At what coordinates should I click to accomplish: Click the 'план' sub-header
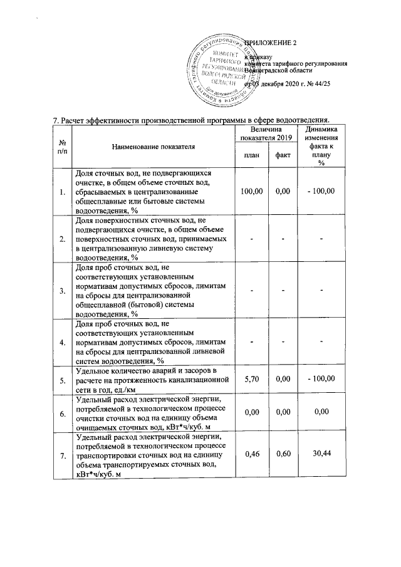pos(251,155)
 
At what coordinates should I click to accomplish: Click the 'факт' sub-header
pos(283,155)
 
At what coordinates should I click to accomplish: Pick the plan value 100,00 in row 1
pos(251,191)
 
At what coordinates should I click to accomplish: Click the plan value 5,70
pos(251,379)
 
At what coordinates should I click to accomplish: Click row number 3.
pos(61,291)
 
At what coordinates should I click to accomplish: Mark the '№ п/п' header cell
pos(61,146)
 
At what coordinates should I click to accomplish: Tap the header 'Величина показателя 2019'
pos(267,133)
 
